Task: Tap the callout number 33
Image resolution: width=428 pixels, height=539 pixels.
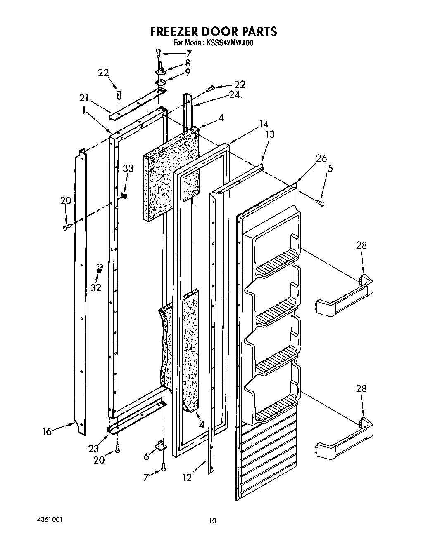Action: click(128, 168)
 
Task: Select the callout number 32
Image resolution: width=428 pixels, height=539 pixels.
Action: click(95, 287)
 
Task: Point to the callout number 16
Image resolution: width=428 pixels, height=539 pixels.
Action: click(47, 431)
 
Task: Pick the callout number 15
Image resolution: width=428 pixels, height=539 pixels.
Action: click(328, 168)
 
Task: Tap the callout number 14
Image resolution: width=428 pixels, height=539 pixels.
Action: click(264, 124)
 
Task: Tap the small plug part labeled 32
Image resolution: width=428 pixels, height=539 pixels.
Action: click(99, 268)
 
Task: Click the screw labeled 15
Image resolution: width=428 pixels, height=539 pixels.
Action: click(320, 202)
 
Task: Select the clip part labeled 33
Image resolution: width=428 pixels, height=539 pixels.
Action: click(124, 194)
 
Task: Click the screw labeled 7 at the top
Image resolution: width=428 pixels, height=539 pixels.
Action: click(158, 52)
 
